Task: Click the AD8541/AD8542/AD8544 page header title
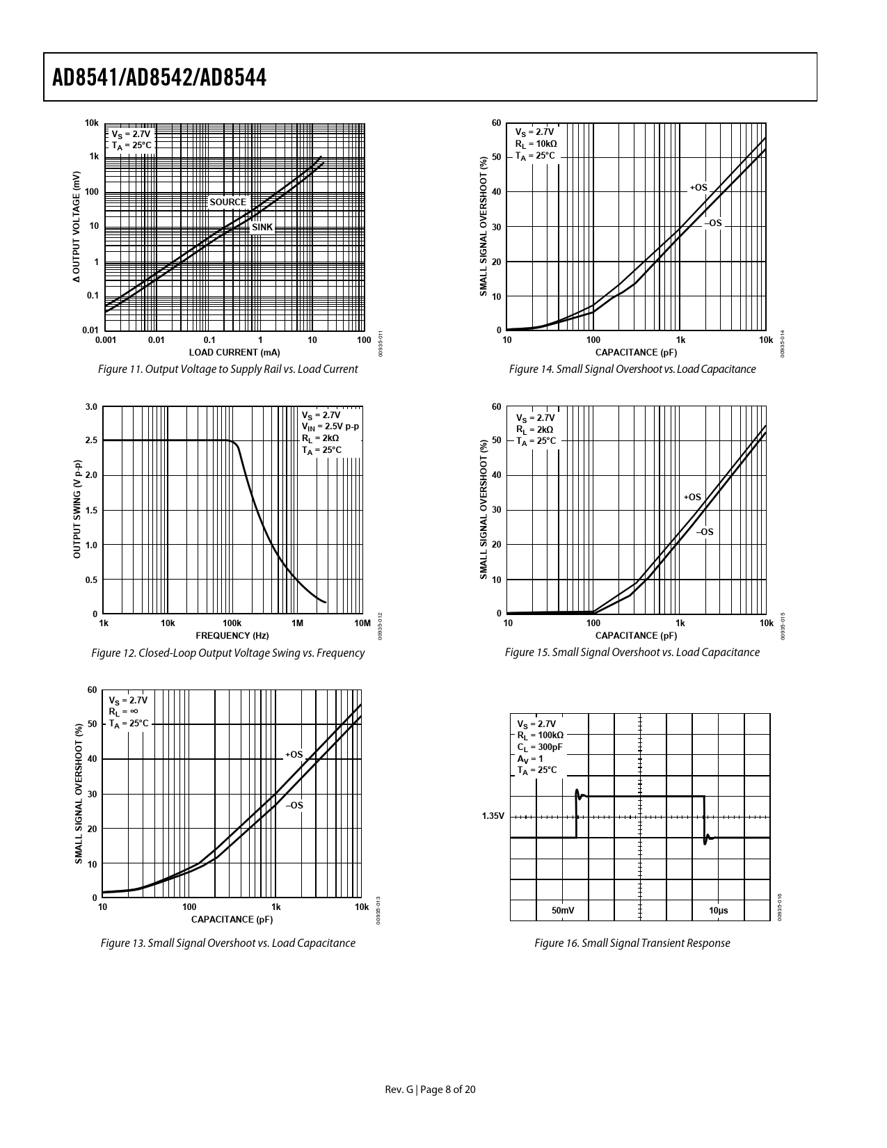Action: [x=159, y=78]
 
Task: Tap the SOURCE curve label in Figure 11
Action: [x=227, y=202]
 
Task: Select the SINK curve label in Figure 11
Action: [x=262, y=228]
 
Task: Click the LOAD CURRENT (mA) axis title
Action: [x=234, y=353]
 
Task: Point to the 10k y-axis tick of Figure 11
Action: [x=92, y=123]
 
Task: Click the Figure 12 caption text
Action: [x=228, y=653]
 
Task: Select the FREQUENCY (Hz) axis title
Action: [x=232, y=635]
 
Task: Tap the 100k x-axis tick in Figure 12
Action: [x=232, y=623]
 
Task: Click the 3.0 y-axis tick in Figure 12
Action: [x=90, y=407]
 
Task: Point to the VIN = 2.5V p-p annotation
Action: [x=330, y=426]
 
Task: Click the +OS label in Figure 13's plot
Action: [x=294, y=755]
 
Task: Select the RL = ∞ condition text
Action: [x=123, y=712]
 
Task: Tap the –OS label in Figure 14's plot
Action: [x=713, y=223]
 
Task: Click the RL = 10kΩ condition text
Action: [x=536, y=144]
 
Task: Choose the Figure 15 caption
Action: [x=632, y=653]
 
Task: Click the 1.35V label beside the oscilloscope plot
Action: [x=493, y=816]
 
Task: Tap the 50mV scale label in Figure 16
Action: [x=563, y=910]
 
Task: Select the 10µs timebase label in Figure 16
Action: [x=719, y=910]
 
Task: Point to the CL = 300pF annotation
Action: [x=540, y=747]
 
